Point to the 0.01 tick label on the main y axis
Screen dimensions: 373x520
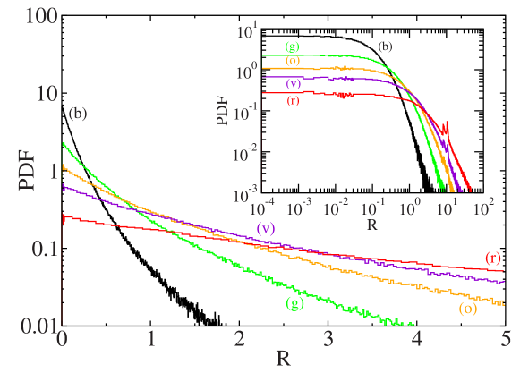(x=30, y=326)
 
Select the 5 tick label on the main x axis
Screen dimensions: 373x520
(x=506, y=341)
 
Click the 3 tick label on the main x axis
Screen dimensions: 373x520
(x=328, y=341)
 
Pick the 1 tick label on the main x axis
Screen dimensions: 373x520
(x=151, y=341)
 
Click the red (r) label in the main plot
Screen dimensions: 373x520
(x=492, y=258)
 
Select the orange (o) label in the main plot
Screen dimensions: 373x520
(x=467, y=309)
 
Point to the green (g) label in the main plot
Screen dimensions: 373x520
(x=294, y=303)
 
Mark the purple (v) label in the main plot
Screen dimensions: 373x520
(x=265, y=228)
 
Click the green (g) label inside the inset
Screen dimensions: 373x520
(x=292, y=46)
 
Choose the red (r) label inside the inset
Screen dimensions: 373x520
(x=292, y=100)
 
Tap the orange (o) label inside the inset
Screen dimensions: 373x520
(x=292, y=61)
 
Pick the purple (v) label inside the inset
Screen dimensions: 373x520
(x=292, y=83)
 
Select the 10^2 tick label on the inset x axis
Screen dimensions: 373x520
(x=484, y=208)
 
